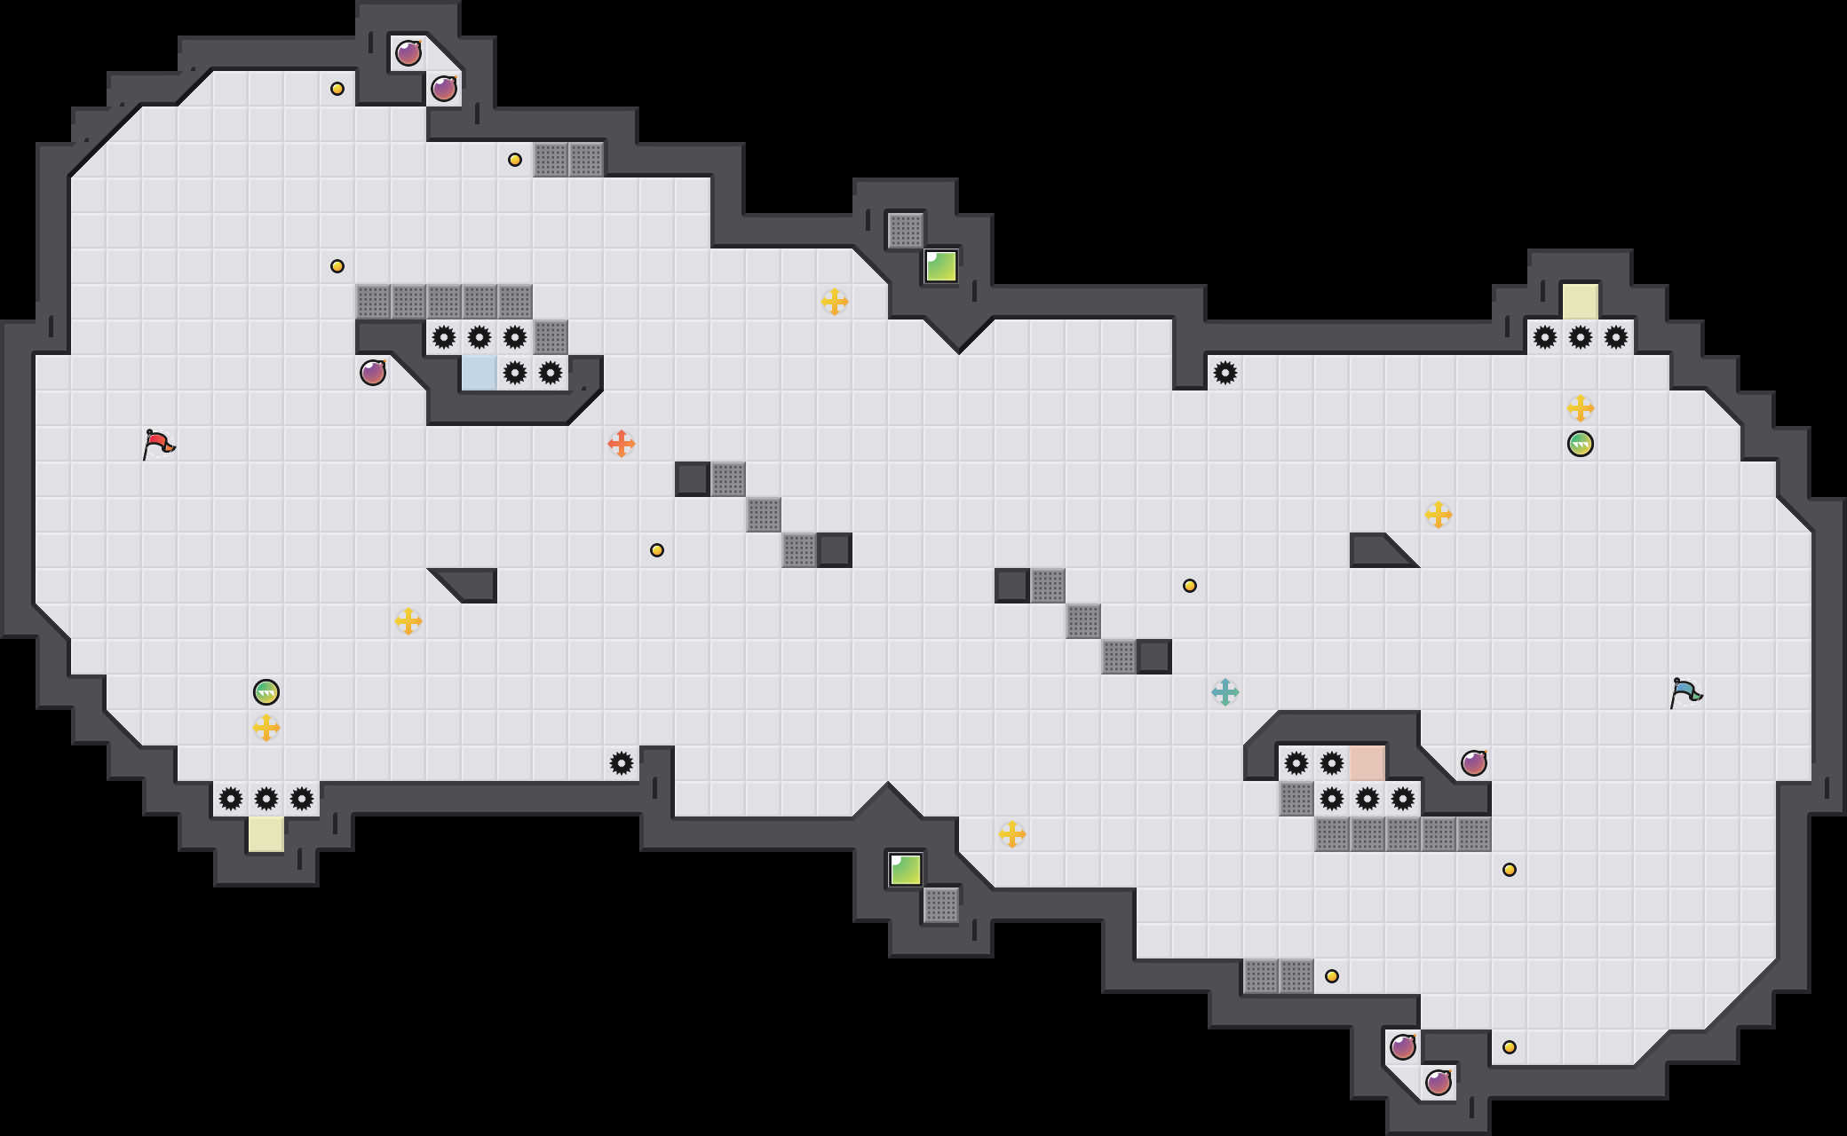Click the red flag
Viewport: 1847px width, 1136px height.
[159, 443]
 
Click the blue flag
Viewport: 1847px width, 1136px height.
[1684, 691]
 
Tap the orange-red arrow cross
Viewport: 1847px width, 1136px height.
[622, 443]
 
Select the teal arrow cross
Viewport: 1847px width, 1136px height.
[1225, 691]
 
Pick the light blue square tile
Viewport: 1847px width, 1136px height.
[480, 373]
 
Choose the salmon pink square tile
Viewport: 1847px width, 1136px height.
[1367, 763]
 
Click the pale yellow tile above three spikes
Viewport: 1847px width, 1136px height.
[1581, 302]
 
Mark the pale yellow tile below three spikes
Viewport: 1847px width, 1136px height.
[266, 834]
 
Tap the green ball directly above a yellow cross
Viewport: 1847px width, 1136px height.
[266, 691]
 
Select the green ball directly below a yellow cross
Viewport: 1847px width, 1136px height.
[1581, 443]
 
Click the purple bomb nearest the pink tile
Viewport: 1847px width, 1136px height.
[1474, 762]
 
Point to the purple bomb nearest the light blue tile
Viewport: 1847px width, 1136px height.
[373, 372]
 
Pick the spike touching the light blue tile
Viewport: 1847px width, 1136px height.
[515, 373]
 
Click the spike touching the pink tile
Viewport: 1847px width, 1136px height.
[1332, 763]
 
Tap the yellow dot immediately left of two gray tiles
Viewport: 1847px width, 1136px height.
[515, 160]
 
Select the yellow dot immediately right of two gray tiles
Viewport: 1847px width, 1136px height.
[1332, 976]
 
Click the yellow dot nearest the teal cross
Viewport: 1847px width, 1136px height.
[1190, 586]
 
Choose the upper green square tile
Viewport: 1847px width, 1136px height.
[941, 266]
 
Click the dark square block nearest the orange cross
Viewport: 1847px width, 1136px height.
[693, 479]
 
